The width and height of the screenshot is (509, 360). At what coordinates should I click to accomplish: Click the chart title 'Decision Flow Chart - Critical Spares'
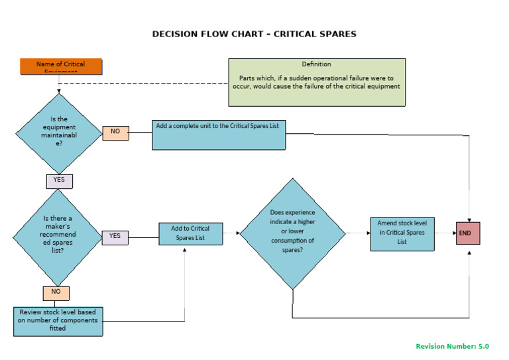pos(254,34)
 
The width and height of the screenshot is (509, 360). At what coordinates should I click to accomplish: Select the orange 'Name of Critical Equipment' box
pos(61,66)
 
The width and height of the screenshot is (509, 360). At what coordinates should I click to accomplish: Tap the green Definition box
pos(316,82)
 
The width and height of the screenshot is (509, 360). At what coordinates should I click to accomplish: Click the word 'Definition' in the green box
pos(316,64)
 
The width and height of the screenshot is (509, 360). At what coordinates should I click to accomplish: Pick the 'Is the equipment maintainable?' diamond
pos(60,134)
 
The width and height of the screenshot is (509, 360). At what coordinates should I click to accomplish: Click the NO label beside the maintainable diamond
pos(115,132)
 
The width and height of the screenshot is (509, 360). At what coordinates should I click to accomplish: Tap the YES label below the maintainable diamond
pos(59,180)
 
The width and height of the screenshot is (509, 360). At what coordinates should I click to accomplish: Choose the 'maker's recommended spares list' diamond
pos(60,235)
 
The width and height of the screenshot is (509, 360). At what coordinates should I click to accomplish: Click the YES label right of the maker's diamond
pos(115,236)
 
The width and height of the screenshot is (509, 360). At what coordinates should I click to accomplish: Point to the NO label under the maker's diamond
pos(56,292)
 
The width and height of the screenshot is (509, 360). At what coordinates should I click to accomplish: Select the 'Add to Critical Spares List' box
pos(190,233)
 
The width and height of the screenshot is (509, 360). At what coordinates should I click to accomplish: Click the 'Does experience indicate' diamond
pos(292,233)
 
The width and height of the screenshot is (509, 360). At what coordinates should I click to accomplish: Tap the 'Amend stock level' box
pos(402,233)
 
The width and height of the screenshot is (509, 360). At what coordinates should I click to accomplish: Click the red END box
pos(468,233)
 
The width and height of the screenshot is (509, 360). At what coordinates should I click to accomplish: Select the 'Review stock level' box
pos(58,320)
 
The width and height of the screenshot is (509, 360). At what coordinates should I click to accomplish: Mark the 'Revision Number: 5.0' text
pos(452,346)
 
